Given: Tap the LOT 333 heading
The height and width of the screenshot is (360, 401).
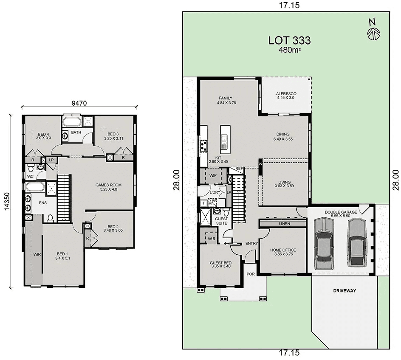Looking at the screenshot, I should point(289,41).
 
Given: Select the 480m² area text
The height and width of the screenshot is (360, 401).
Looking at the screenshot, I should point(290,51).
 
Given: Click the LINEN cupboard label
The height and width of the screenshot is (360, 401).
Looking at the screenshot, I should point(285,223).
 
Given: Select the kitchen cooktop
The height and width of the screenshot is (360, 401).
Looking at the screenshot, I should point(203,146).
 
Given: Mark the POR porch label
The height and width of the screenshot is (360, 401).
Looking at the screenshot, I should point(251,274).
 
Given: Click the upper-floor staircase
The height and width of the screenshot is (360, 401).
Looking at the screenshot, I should point(63,197).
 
